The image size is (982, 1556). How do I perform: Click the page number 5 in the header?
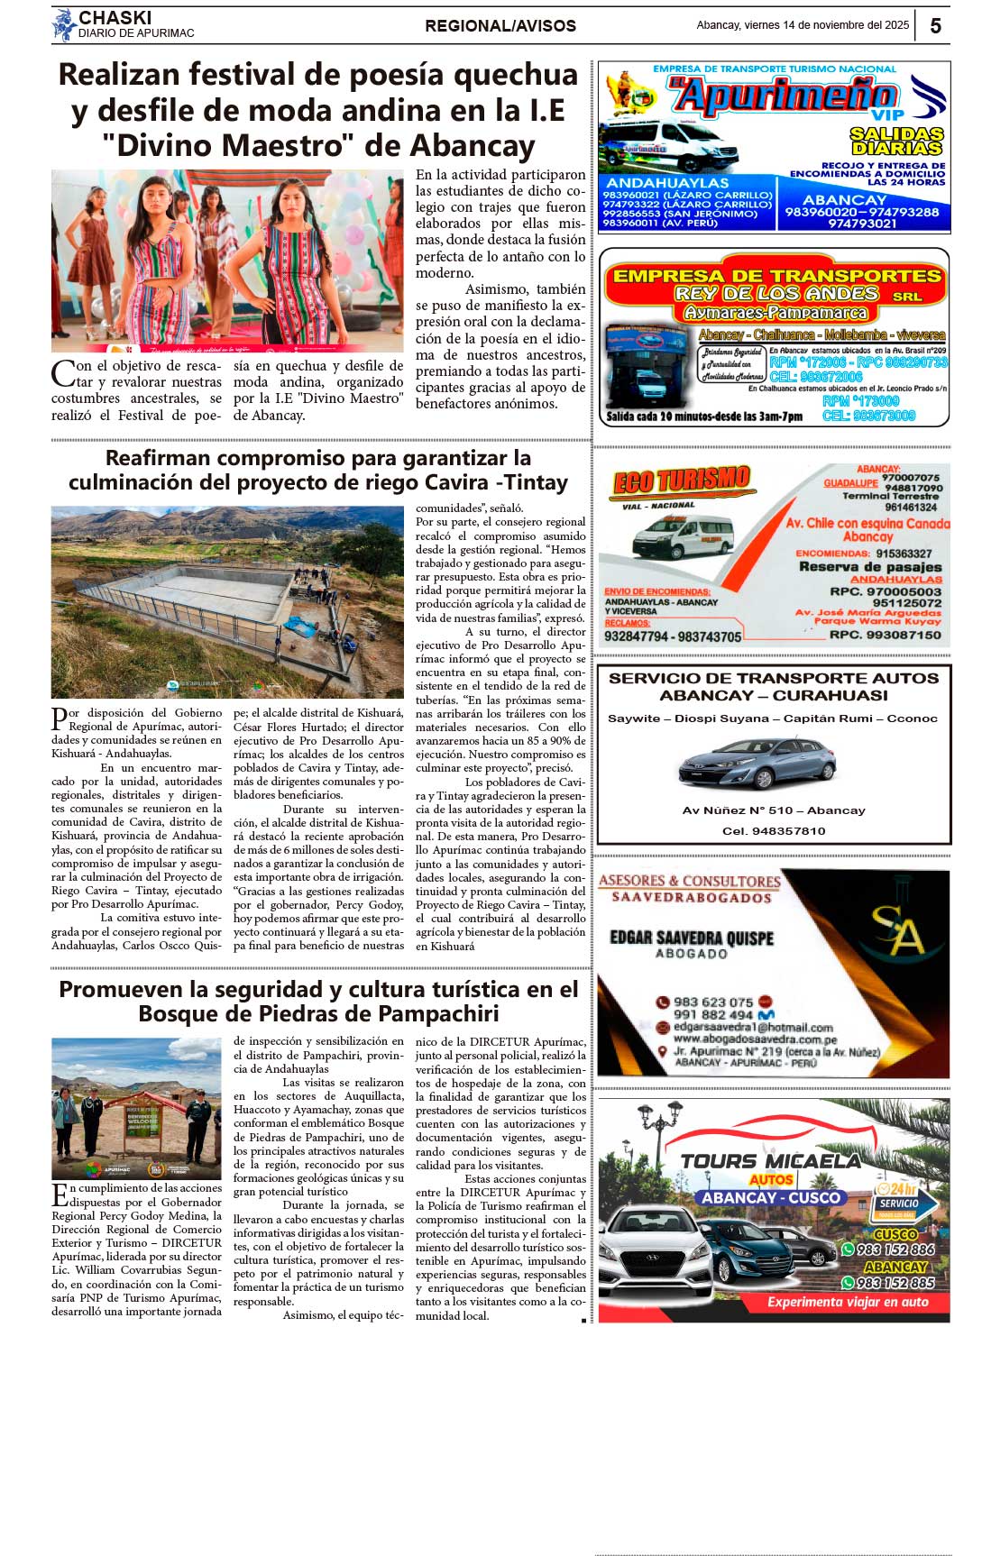point(935,25)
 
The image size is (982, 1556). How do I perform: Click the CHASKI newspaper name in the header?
point(115,17)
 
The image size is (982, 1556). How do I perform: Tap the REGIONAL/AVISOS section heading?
point(500,26)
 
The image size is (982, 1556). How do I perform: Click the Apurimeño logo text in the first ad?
point(785,95)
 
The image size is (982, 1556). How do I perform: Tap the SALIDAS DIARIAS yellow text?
point(896,141)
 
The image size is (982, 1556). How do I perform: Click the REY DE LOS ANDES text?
point(776,294)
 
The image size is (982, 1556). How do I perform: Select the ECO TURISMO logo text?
point(682,481)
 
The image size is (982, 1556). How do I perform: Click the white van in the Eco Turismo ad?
point(683,537)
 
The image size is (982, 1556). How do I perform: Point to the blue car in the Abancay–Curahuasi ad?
point(757,764)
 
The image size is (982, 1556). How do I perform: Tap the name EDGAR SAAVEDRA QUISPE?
point(692,938)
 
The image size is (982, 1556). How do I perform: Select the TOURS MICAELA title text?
point(771,1161)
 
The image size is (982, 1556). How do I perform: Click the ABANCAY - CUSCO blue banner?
point(771,1198)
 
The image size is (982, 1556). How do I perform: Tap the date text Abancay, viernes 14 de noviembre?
point(803,25)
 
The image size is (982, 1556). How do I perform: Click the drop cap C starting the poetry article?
point(63,373)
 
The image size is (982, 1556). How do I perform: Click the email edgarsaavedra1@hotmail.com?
point(753,1027)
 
